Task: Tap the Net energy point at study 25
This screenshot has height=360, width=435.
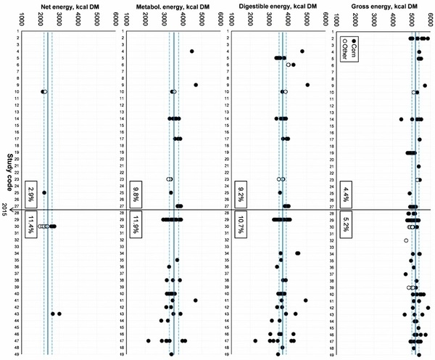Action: click(x=44, y=192)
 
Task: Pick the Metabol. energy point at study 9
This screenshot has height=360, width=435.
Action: click(x=196, y=85)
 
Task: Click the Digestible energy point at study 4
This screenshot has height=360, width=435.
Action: click(x=302, y=51)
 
